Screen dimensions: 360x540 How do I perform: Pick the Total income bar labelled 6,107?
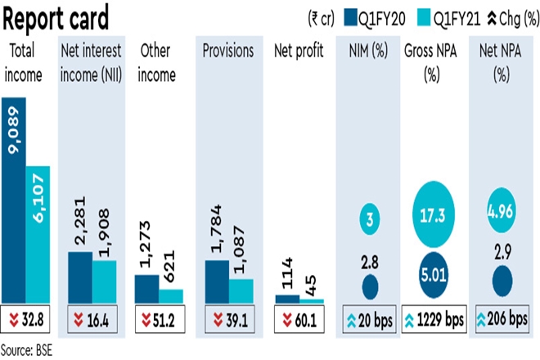(38, 234)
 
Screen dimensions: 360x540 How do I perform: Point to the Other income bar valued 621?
(171, 295)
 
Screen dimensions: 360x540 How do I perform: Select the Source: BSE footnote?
(27, 349)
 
